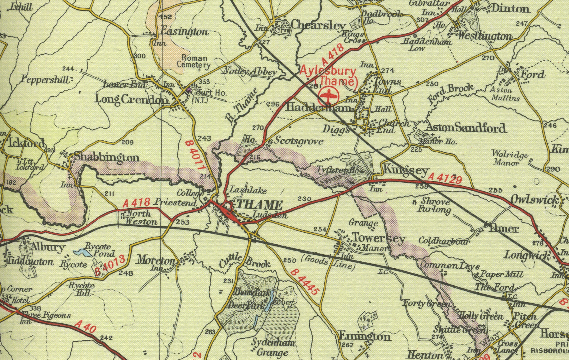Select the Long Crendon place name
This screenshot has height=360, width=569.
[132, 100]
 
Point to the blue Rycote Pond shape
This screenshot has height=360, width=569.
[82, 252]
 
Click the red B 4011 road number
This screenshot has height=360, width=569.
[195, 156]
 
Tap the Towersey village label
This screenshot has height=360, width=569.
[378, 238]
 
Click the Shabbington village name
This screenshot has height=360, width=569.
[107, 157]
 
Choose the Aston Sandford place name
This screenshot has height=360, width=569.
[466, 128]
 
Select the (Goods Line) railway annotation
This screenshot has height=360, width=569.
[328, 263]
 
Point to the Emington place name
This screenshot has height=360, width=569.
[364, 336]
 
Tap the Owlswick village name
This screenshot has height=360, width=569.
[534, 200]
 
